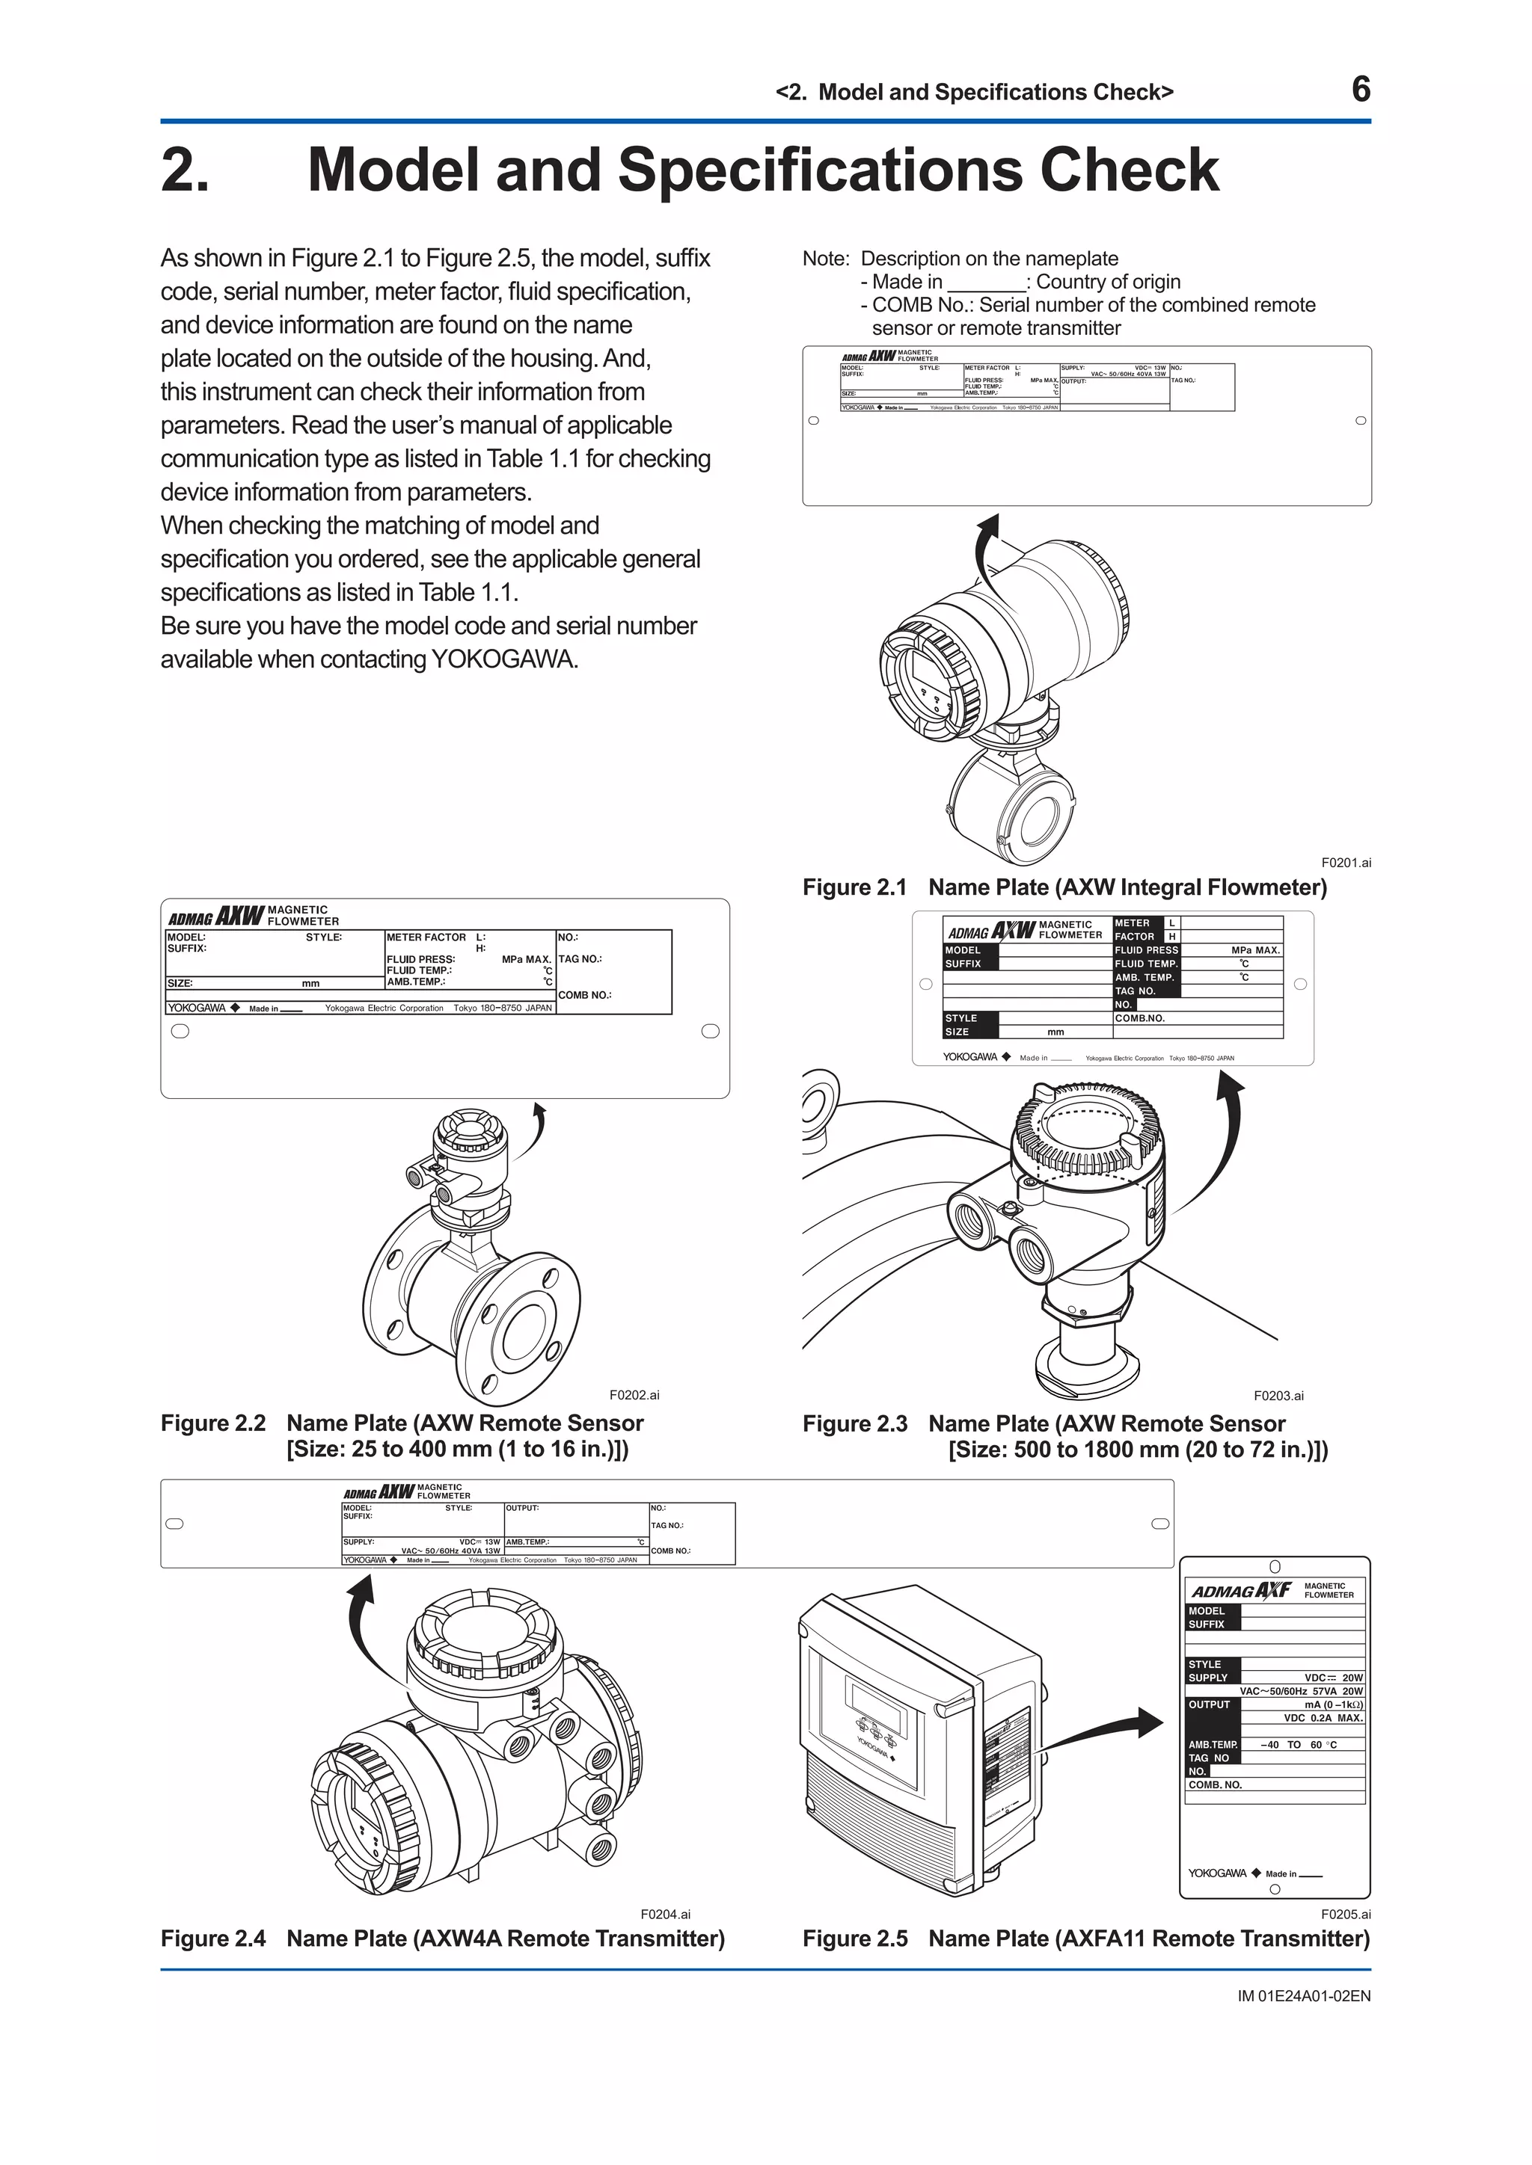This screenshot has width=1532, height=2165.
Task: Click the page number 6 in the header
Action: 1360,90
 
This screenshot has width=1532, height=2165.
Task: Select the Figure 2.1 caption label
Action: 854,887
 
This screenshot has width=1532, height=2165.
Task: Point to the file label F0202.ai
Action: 634,1394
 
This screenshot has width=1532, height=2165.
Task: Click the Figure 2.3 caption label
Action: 854,1424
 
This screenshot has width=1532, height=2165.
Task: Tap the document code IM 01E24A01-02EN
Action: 1304,1996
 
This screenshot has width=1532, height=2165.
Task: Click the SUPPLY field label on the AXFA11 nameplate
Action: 1207,1678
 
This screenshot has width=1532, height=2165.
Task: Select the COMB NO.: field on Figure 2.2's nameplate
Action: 584,995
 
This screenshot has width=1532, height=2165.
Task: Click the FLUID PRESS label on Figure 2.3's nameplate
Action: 1146,950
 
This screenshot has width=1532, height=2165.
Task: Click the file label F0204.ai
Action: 665,1914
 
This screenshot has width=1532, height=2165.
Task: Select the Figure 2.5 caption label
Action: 854,1938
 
